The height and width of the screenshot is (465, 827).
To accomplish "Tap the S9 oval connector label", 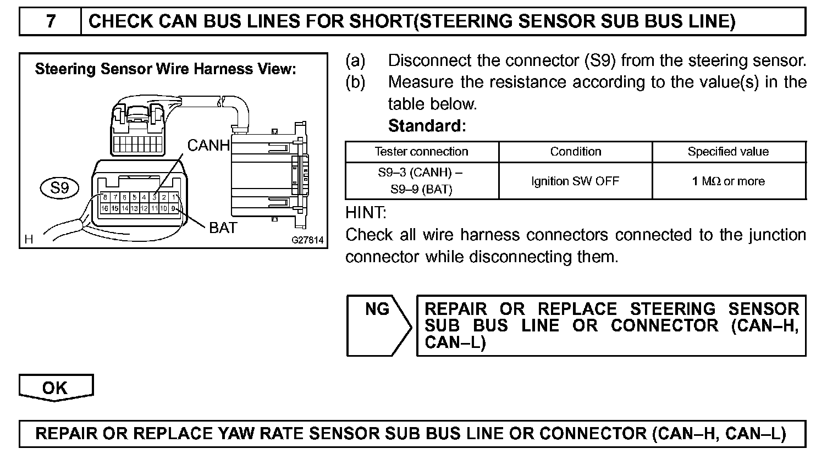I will point(59,189).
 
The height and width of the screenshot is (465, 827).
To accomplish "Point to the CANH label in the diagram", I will point(208,146).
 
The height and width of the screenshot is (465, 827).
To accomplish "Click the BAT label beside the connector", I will point(223,228).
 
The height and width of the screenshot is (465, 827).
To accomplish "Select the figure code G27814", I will point(307,240).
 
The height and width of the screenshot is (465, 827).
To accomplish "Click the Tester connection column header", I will point(421,152).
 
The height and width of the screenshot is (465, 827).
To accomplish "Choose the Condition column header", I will point(575,152).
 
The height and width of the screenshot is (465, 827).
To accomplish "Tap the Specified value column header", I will point(728,152).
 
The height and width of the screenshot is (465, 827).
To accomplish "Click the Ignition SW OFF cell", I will point(575,181).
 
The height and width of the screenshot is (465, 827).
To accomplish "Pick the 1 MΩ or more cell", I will point(728,181).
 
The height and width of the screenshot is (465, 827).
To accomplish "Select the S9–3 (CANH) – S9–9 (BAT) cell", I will point(421,181).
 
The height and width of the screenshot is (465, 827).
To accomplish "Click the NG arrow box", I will point(378,325).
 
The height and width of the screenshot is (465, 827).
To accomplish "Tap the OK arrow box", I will point(55,387).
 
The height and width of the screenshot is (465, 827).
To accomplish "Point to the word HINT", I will point(366,213).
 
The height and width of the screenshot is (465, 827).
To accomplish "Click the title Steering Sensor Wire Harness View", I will point(166,69).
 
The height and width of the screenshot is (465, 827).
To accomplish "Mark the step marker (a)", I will point(355,60).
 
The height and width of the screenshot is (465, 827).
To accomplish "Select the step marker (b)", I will point(355,82).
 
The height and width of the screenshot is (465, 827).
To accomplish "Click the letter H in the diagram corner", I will point(29,239).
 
